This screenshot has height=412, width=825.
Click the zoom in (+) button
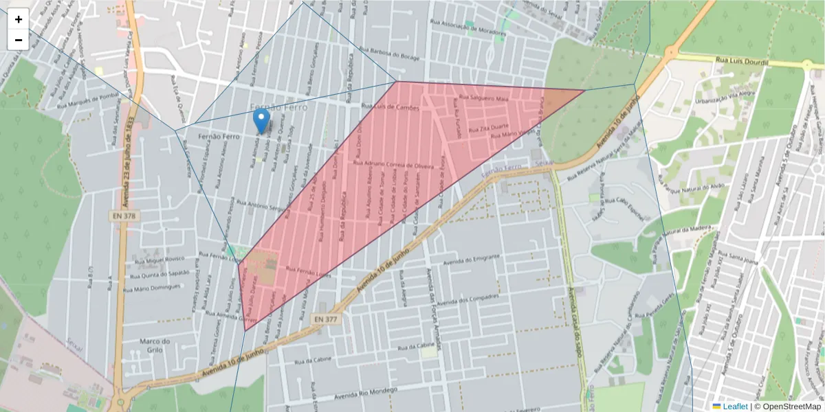pyautogui.click(x=19, y=19)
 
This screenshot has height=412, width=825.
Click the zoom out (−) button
pyautogui.click(x=19, y=40)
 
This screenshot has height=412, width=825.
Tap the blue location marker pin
pyautogui.click(x=261, y=121)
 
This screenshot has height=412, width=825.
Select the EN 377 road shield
pyautogui.click(x=326, y=319)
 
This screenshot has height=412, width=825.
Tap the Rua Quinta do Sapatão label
pyautogui.click(x=162, y=273)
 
